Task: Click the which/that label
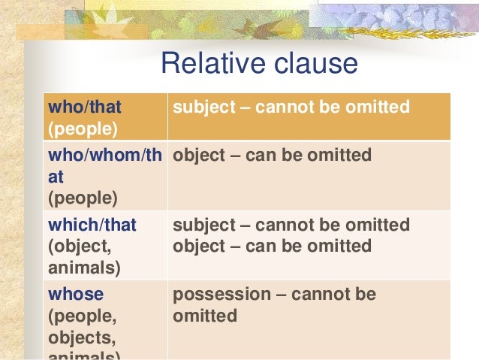coord(92,225)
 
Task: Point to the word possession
coord(218,294)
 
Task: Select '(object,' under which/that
coord(77,247)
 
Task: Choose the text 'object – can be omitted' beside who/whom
coord(272,156)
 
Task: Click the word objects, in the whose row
coord(79,337)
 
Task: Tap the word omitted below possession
coord(205,316)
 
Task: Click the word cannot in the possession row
coord(318,294)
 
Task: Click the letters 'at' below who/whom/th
coord(56,177)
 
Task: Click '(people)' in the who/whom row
coord(83,199)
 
